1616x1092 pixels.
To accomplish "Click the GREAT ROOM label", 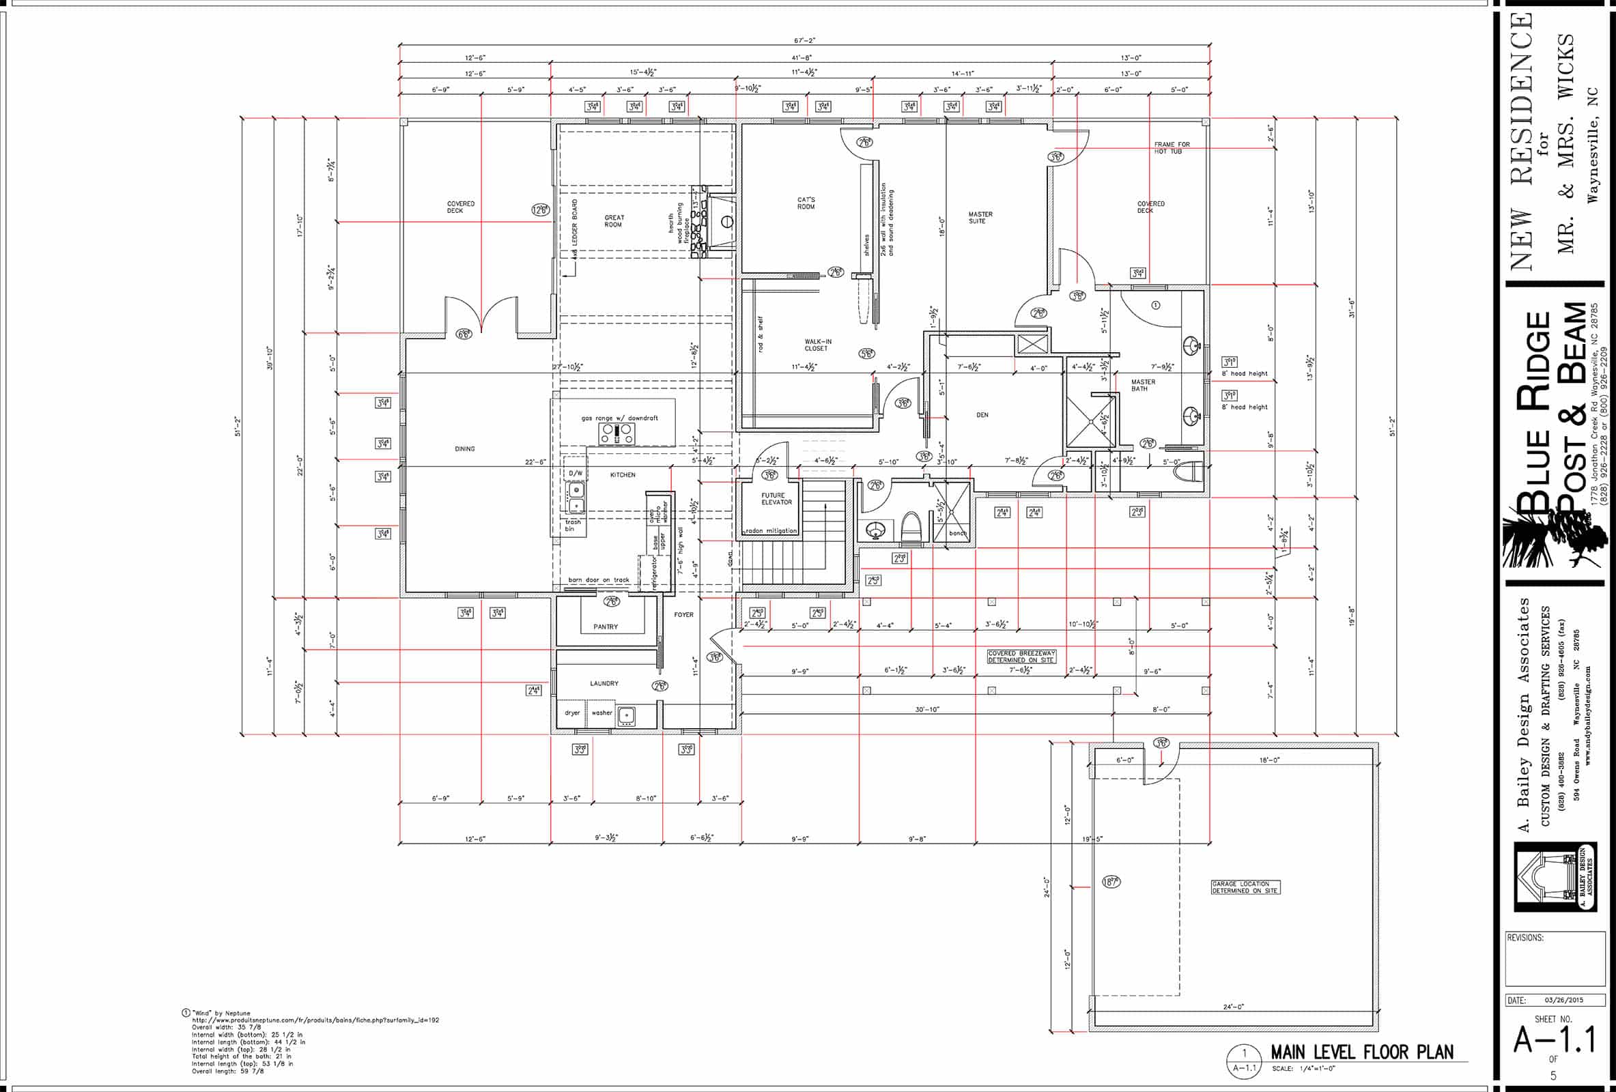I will [613, 221].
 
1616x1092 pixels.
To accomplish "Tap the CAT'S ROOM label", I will [806, 203].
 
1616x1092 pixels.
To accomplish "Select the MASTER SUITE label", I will [980, 218].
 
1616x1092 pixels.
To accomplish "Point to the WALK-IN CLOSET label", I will [817, 345].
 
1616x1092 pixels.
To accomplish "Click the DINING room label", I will [464, 449].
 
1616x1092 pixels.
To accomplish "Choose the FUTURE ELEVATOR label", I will [776, 498].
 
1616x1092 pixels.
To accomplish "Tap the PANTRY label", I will [605, 627].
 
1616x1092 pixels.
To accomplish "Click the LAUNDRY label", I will [604, 683].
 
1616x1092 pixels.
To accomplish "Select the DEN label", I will [982, 415].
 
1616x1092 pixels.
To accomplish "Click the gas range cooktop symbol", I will [616, 435].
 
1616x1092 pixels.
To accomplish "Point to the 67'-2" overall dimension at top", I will [804, 40].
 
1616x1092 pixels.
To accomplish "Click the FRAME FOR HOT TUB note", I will [1172, 147].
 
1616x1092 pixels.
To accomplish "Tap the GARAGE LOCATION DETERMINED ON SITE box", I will [1245, 887].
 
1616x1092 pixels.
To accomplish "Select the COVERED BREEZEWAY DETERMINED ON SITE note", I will [1021, 656].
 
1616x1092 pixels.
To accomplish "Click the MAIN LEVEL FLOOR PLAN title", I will [1361, 1052].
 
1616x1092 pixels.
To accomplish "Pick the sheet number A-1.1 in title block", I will [1554, 1040].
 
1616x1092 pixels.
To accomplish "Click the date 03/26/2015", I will [1564, 1001].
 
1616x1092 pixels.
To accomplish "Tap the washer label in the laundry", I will [601, 713].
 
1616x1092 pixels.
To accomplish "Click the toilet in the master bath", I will [1191, 473].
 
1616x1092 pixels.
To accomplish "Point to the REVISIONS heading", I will [1525, 938].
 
